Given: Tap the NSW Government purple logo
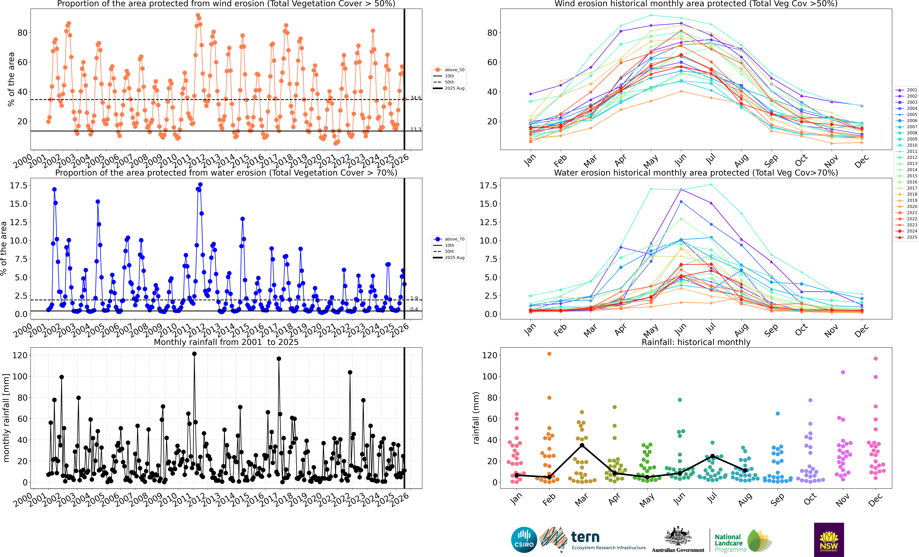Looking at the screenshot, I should coord(829,540).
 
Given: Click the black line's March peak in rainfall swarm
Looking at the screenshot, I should coord(582,445).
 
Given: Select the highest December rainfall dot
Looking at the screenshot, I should coord(875,358).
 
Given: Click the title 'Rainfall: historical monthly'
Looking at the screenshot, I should coord(696,342).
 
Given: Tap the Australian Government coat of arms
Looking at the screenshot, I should coord(678,536).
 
